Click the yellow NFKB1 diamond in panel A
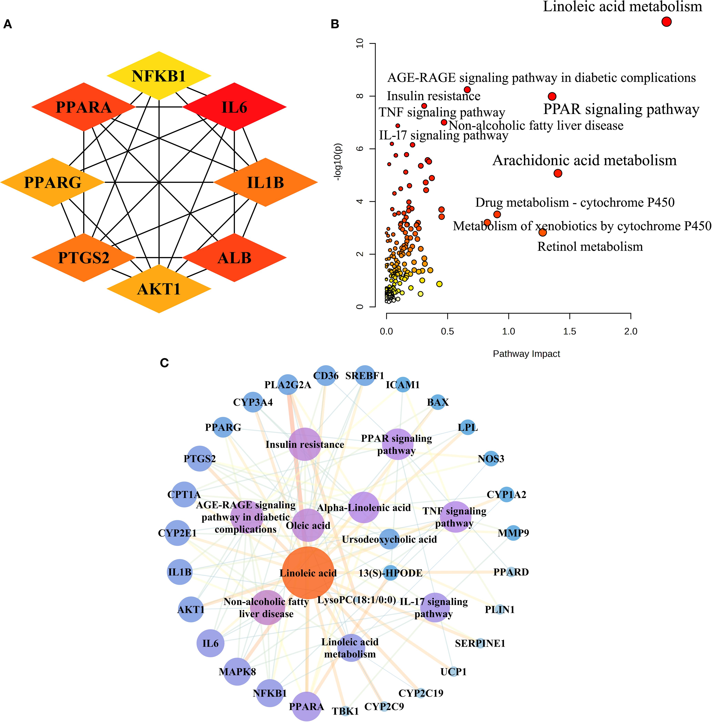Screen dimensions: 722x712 pos(159,76)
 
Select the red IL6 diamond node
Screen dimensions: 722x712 pos(234,107)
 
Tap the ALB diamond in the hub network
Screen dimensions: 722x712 pos(234,258)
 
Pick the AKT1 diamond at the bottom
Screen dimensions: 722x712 pos(159,289)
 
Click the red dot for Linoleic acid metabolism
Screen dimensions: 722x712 pos(666,22)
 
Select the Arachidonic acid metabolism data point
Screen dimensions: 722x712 pos(558,173)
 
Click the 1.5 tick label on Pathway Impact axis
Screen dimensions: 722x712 pos(570,331)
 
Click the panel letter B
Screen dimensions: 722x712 pos(335,24)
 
